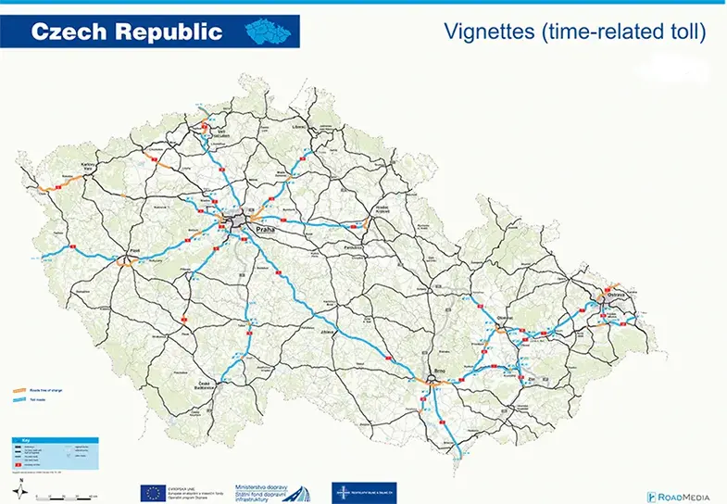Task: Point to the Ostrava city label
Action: (x=617, y=295)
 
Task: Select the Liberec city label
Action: (x=298, y=125)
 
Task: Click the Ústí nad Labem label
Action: (x=220, y=133)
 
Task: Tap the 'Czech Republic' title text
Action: (x=127, y=31)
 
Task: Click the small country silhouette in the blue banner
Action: (x=271, y=31)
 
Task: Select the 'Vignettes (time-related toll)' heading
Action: (x=575, y=32)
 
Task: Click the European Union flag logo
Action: (x=154, y=492)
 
